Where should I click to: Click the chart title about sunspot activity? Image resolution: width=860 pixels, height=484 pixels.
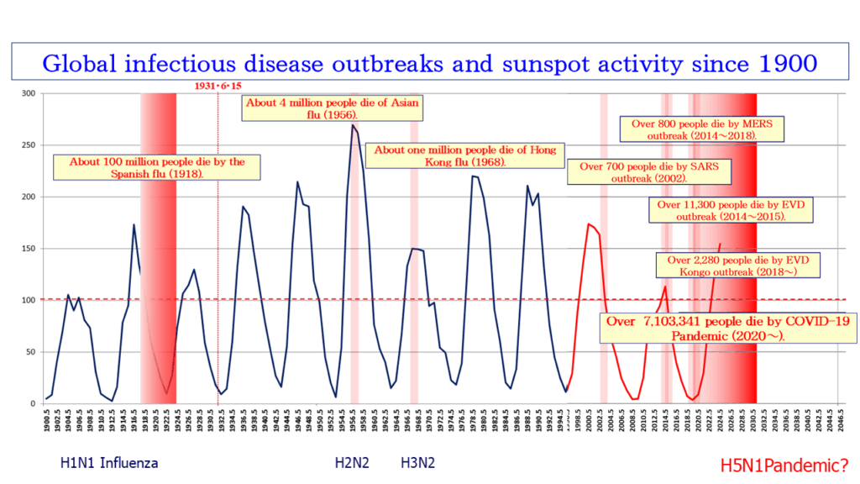pos(430,63)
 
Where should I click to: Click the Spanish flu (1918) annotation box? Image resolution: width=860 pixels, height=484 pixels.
pos(157,167)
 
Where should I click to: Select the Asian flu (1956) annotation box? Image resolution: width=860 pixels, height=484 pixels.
pos(332,108)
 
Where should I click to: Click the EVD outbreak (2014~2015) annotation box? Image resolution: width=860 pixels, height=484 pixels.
pos(731,210)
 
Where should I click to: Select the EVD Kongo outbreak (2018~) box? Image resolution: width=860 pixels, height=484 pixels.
pos(738,266)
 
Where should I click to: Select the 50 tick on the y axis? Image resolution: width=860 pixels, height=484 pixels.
pos(32,352)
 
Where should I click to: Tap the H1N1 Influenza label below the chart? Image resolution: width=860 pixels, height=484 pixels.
pos(109,462)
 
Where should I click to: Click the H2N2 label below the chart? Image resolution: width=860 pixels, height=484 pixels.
pos(352,462)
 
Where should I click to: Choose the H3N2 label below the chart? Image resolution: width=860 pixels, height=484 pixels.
pos(417,462)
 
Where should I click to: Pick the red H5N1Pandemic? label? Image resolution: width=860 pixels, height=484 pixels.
pos(784,463)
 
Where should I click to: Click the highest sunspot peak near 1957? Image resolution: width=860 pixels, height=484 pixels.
pos(353,125)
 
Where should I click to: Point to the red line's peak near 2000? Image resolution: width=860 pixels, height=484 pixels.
pos(589,224)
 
